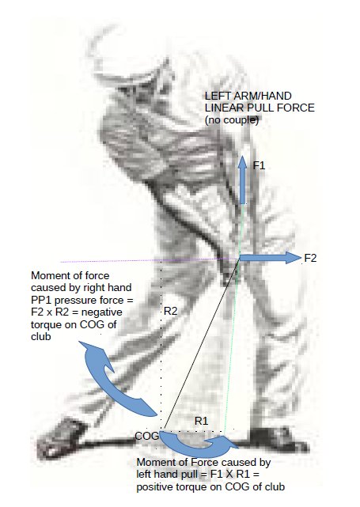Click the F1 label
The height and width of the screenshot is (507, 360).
(x=259, y=165)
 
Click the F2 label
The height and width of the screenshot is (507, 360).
(x=310, y=258)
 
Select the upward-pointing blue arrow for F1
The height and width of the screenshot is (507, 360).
(x=242, y=180)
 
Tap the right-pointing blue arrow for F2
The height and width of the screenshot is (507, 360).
(x=271, y=258)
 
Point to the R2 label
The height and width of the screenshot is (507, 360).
(x=171, y=311)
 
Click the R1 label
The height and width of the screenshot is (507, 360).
(x=201, y=421)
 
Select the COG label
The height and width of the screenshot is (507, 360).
(x=147, y=436)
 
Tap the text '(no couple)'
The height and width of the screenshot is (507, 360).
(x=232, y=120)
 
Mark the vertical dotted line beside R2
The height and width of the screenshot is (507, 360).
(x=161, y=345)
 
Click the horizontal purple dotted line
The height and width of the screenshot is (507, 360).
(x=150, y=260)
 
